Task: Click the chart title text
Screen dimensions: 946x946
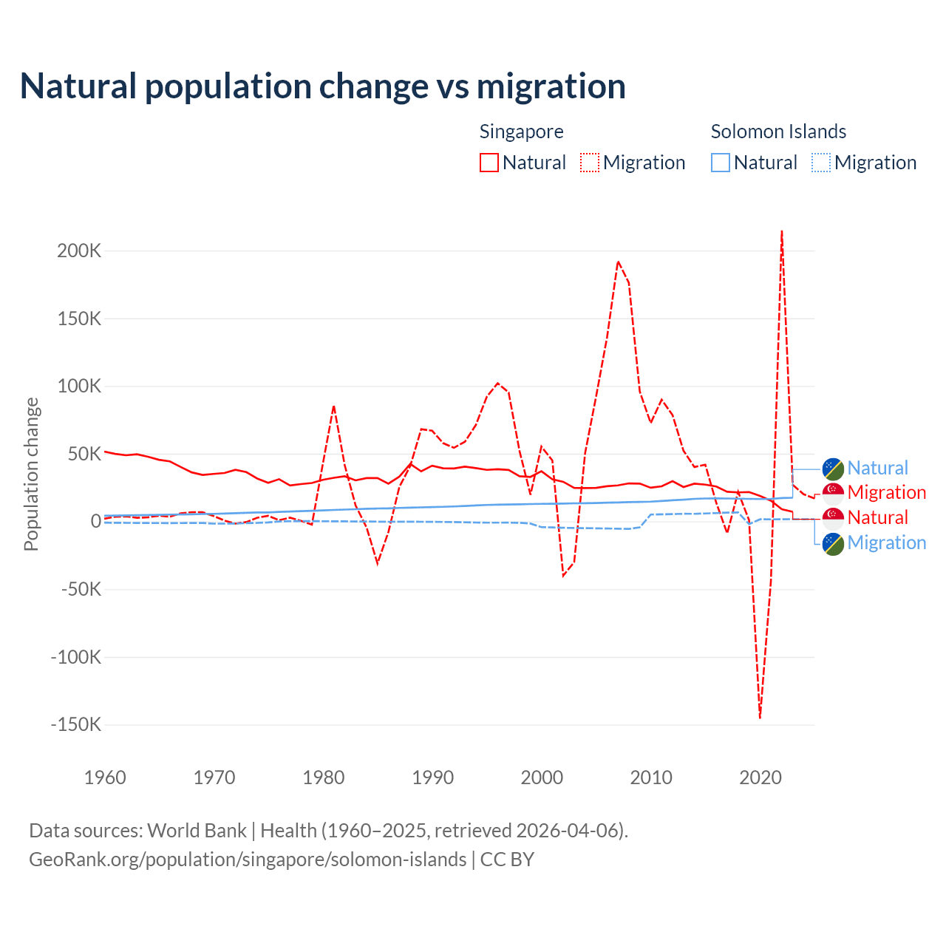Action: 323,86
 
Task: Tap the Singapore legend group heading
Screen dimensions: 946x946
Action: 521,132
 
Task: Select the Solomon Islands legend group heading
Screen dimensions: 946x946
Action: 778,132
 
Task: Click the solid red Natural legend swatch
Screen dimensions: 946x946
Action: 489,163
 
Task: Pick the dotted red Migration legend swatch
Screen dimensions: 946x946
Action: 590,163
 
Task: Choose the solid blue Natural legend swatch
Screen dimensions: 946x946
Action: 721,163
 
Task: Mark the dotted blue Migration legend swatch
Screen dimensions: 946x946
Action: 821,163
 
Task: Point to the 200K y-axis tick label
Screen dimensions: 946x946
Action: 79,251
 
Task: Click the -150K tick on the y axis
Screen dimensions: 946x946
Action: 76,724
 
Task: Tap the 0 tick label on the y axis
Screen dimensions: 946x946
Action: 95,521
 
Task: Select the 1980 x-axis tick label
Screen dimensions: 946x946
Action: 324,777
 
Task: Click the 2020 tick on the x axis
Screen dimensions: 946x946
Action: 760,777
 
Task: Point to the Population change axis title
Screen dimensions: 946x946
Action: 31,474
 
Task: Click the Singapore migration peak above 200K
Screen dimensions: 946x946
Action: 782,232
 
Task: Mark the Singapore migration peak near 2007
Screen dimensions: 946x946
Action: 618,262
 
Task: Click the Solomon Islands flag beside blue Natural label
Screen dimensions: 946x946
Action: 834,468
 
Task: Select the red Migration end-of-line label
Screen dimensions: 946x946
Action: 886,492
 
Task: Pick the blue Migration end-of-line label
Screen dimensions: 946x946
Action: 886,542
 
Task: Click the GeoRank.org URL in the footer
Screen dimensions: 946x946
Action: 248,860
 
